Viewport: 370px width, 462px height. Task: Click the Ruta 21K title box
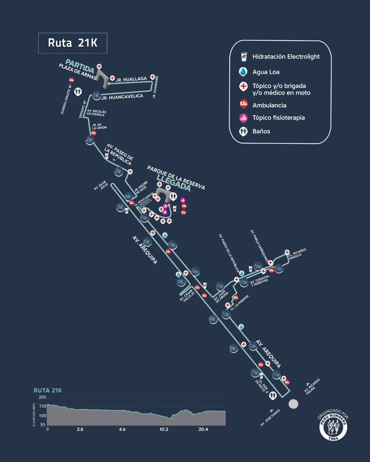tap(73, 43)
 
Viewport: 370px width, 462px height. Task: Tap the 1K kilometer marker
tap(96, 95)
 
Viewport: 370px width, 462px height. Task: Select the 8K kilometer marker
tap(213, 319)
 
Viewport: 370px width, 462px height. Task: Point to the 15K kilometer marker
tap(278, 269)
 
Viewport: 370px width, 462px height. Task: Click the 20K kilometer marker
tap(144, 218)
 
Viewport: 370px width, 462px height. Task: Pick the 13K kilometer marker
tap(225, 314)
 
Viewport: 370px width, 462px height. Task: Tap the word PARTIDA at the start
tap(80, 66)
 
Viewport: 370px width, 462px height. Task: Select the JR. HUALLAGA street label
tap(131, 79)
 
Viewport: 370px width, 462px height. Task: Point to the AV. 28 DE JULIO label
tap(101, 185)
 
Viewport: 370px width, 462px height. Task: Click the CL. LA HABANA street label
tap(239, 303)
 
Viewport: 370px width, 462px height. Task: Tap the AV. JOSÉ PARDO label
tap(270, 418)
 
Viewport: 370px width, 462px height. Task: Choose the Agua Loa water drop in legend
tap(243, 72)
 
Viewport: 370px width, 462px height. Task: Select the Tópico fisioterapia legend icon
tap(243, 118)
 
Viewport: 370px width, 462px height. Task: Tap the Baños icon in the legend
tap(243, 131)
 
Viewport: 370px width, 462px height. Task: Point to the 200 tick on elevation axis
tap(42, 397)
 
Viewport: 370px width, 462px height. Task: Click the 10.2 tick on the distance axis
tap(164, 429)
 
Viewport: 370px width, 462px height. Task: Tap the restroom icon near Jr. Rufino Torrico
tap(78, 92)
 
